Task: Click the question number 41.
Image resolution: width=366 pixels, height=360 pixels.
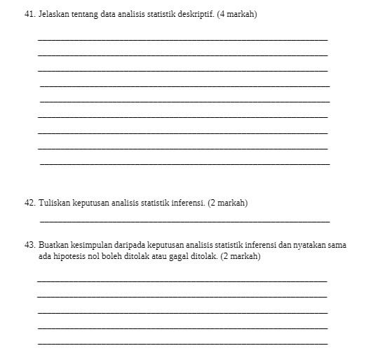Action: tap(29, 14)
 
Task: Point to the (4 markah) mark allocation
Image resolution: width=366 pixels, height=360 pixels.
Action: tap(238, 14)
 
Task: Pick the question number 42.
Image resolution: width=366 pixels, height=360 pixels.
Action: tap(29, 203)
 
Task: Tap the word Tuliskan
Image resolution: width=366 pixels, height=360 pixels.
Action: tap(55, 203)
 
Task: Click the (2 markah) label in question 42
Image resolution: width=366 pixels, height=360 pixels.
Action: tap(228, 203)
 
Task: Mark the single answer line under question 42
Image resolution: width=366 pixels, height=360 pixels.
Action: tap(184, 220)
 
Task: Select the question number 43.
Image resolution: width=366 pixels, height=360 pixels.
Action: tap(29, 245)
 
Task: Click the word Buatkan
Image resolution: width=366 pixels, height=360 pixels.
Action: tap(53, 245)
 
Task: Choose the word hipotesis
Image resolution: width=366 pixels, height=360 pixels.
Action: tap(72, 257)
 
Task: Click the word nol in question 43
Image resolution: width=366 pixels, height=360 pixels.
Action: tap(97, 257)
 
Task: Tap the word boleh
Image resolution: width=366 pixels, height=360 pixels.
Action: tap(115, 257)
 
